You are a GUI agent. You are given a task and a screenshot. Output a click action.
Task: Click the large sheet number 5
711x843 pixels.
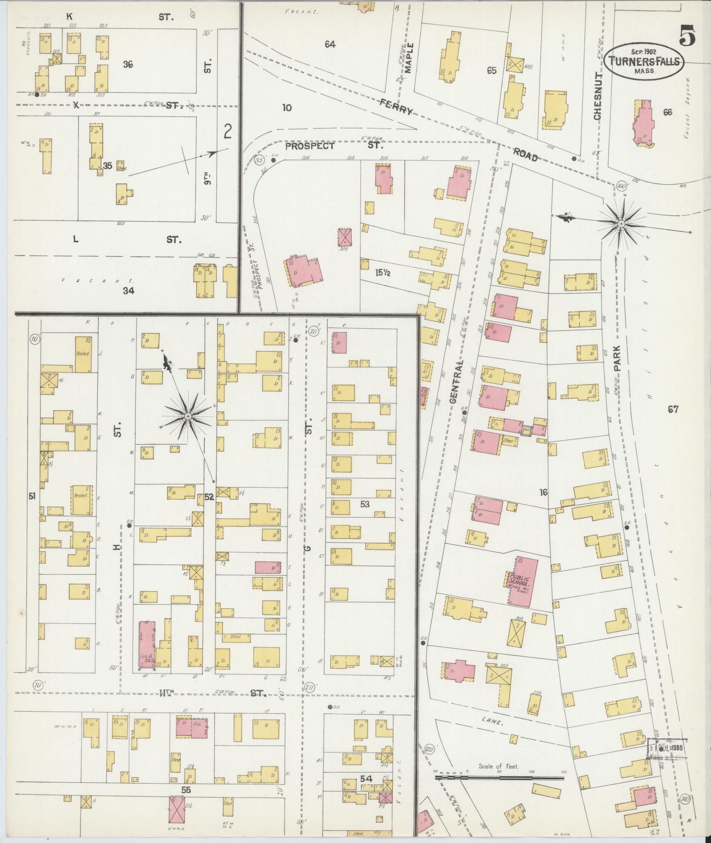tap(687, 36)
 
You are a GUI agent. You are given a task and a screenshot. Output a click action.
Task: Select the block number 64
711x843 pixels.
tap(330, 44)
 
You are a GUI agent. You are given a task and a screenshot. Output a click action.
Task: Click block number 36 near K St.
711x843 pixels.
tap(128, 64)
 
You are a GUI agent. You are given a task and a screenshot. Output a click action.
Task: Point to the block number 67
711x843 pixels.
tap(673, 409)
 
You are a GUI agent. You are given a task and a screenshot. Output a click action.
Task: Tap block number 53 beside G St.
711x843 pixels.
tap(365, 503)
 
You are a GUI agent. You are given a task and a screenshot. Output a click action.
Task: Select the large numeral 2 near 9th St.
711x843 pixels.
tap(227, 131)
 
